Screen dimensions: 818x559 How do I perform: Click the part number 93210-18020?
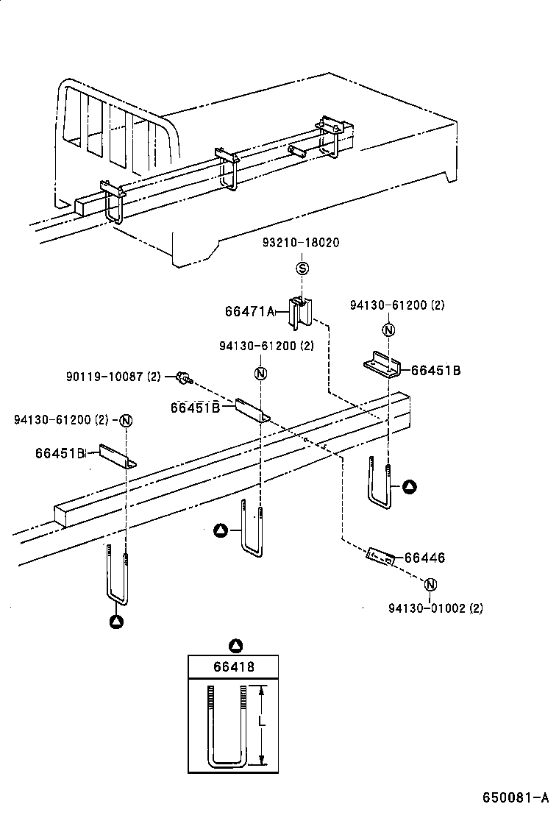(302, 243)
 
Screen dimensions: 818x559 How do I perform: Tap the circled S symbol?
(302, 268)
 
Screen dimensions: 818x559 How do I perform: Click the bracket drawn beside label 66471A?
(300, 312)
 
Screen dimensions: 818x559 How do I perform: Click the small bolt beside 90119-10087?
(183, 379)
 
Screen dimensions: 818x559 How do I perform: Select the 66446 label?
(424, 559)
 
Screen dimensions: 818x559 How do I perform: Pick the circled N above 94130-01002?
(431, 584)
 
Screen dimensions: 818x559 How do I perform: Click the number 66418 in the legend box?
(234, 667)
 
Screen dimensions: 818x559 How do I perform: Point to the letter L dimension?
(261, 725)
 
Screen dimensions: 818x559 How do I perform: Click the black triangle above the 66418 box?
(235, 646)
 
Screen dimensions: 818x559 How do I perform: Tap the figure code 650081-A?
(516, 798)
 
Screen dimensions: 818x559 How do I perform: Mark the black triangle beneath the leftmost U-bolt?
(116, 622)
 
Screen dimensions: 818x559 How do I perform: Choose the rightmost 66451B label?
(435, 371)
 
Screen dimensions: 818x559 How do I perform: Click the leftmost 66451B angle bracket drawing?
(117, 456)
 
